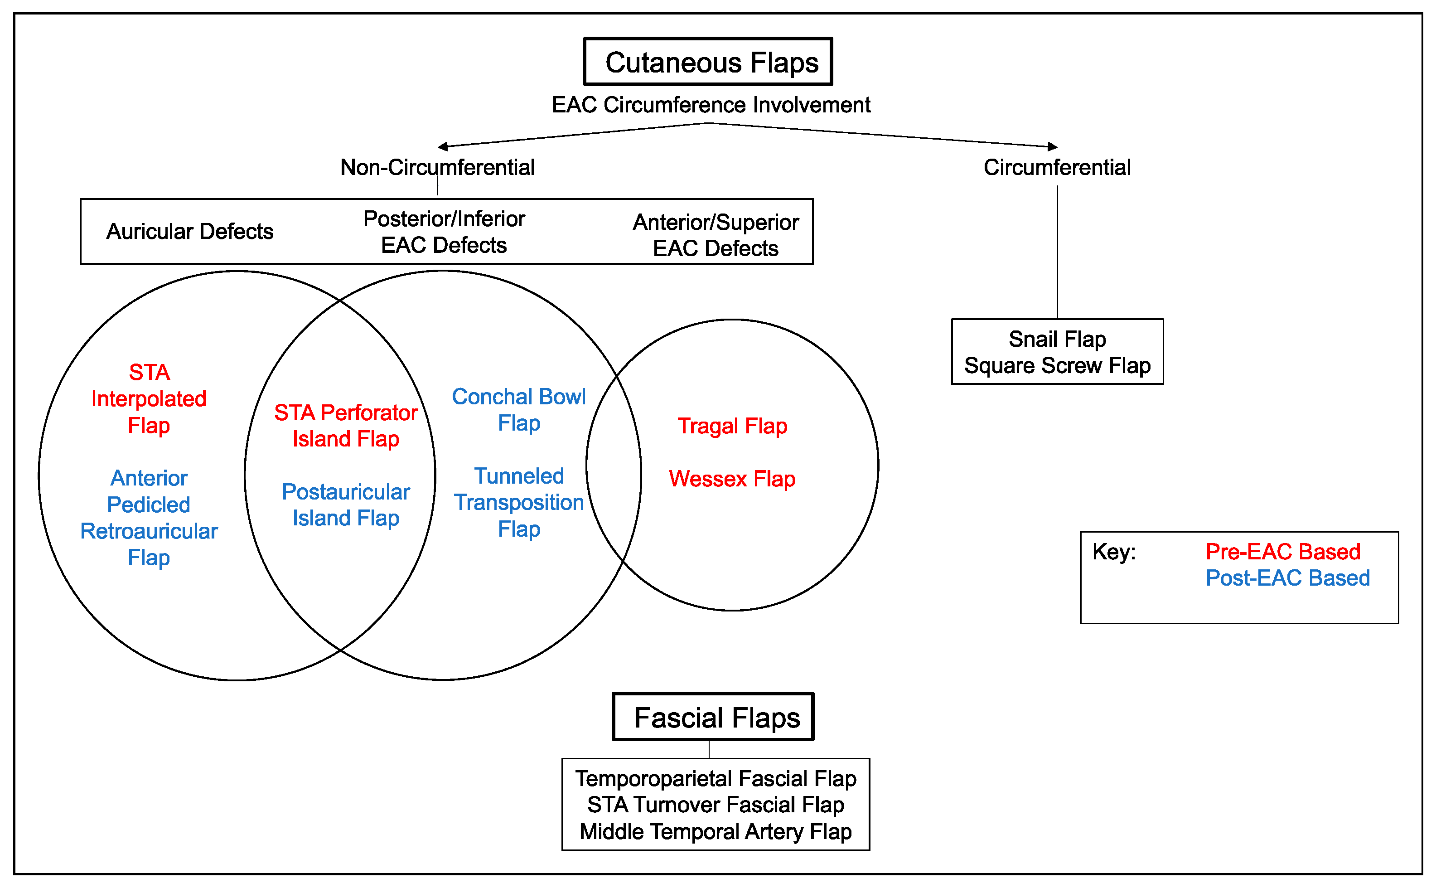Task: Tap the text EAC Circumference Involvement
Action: click(x=711, y=105)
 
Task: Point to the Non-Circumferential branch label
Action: click(x=437, y=167)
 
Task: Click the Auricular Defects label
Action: click(x=189, y=231)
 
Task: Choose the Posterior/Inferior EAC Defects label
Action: click(x=444, y=232)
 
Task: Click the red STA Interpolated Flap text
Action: click(x=149, y=399)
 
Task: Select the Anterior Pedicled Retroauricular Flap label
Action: click(x=149, y=517)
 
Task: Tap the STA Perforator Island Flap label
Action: click(x=346, y=426)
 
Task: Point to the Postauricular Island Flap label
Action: click(x=346, y=505)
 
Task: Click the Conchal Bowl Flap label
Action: click(x=519, y=410)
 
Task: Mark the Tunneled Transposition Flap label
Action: click(x=519, y=502)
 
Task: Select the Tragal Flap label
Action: click(x=732, y=426)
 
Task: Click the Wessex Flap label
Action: click(x=732, y=479)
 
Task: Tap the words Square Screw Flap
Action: click(x=1057, y=365)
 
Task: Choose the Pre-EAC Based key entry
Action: click(x=1283, y=552)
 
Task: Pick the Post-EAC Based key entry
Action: click(x=1287, y=578)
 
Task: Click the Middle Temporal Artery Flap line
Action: click(x=716, y=832)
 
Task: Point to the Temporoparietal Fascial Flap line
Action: click(x=716, y=779)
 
